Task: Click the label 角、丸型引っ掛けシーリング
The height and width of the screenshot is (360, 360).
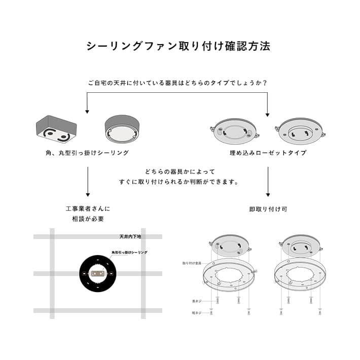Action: [x=87, y=153]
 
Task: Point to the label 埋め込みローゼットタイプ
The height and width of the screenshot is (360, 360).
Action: [x=268, y=153]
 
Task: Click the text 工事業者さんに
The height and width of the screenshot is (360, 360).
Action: [x=88, y=208]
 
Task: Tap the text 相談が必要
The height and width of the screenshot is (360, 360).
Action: [x=88, y=219]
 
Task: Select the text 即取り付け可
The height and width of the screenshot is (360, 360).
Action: [x=268, y=208]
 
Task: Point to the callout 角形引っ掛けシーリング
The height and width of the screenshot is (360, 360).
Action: [x=129, y=252]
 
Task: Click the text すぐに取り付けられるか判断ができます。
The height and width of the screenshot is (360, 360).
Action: [x=179, y=182]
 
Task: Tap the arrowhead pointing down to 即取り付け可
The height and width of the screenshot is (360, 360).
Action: [x=268, y=194]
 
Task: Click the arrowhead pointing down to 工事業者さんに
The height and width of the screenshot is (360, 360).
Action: [x=88, y=194]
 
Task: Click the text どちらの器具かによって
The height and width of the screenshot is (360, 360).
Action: [x=179, y=171]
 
